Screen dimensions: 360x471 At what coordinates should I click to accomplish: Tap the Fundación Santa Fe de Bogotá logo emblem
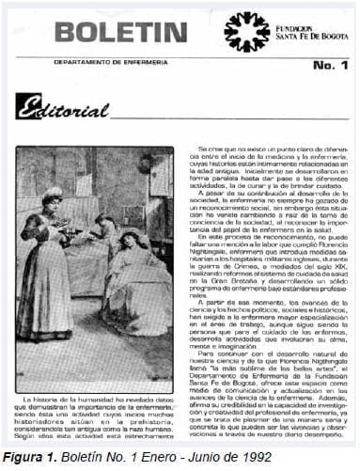coord(246,32)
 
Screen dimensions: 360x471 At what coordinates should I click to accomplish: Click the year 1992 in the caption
coord(257,458)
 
